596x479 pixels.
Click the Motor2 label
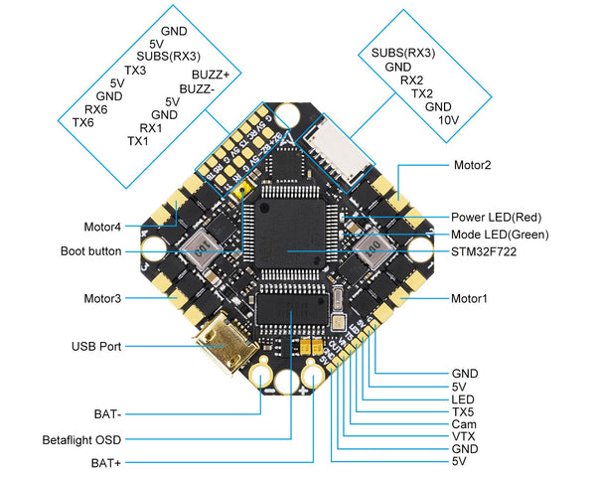point(473,166)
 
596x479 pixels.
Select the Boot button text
point(90,251)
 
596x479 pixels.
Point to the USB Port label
point(96,347)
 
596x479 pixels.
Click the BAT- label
point(108,410)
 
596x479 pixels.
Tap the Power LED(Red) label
point(497,217)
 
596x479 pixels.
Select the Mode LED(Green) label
point(500,235)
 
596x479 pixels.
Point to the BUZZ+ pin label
point(211,75)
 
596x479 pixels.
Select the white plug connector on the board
point(327,157)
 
